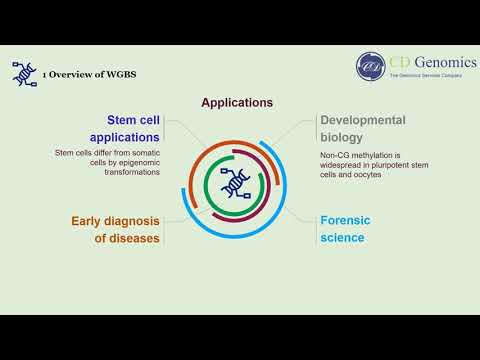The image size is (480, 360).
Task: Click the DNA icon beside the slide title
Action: [23, 73]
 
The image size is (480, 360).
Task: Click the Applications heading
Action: [237, 102]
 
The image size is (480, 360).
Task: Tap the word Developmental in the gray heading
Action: [362, 120]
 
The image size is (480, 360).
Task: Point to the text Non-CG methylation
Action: [355, 155]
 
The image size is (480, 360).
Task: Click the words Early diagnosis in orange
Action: [115, 221]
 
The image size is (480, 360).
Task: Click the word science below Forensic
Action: [342, 238]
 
